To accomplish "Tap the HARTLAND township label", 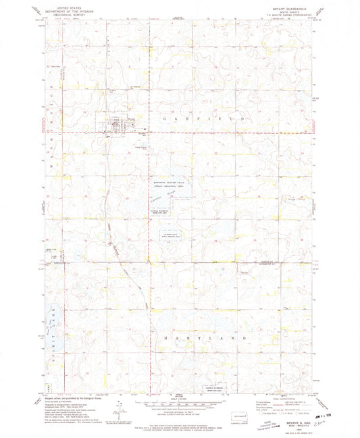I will coord(201,336).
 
